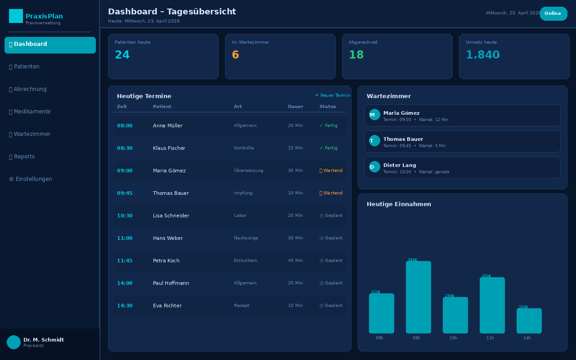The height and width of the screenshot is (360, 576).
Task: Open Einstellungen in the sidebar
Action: click(x=31, y=179)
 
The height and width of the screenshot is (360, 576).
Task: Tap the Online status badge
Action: click(x=553, y=13)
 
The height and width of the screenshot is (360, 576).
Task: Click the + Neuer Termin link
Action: click(x=333, y=95)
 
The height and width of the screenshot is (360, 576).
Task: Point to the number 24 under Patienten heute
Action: click(x=122, y=55)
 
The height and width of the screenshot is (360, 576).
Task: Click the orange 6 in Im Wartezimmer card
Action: click(x=235, y=55)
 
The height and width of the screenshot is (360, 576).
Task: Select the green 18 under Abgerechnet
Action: click(x=356, y=55)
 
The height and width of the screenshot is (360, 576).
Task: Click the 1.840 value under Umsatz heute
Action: click(x=482, y=55)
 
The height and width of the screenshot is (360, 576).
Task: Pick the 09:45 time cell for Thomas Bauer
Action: click(x=125, y=193)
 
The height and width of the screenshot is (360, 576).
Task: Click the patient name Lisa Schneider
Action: click(x=171, y=216)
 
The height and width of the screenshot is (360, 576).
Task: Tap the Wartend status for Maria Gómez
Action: click(x=331, y=171)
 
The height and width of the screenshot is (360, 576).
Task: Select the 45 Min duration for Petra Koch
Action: click(x=295, y=261)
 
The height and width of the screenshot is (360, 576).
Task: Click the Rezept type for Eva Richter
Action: click(x=242, y=306)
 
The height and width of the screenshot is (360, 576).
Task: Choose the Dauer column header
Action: click(x=296, y=107)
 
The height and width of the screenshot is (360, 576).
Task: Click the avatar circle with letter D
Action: click(x=374, y=167)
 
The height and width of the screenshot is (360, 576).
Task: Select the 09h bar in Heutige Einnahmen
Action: click(x=418, y=297)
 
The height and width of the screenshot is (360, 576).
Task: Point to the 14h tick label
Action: click(x=527, y=338)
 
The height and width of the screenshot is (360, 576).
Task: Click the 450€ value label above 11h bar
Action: click(x=486, y=276)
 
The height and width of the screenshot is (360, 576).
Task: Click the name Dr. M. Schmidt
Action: click(x=44, y=340)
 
